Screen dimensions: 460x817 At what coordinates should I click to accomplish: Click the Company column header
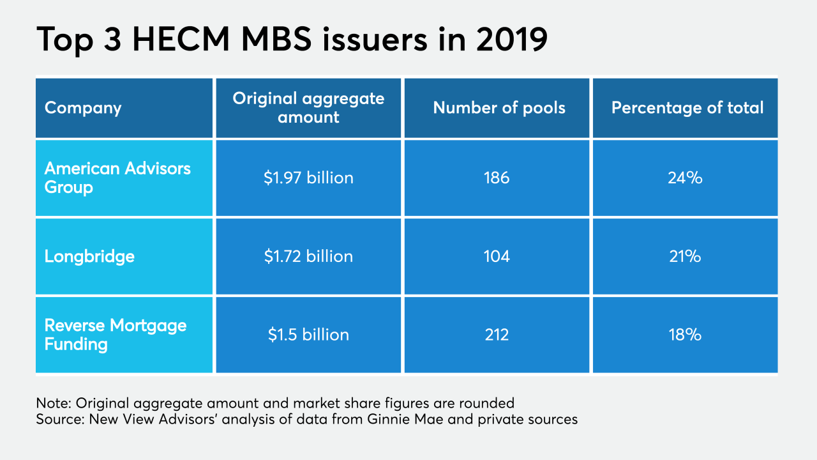[83, 107]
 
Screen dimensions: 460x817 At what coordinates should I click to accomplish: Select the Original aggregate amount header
[308, 107]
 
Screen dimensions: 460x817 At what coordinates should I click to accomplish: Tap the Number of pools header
[499, 107]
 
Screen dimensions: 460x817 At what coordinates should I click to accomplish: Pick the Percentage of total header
[687, 107]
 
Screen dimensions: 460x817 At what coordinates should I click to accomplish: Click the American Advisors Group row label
[117, 178]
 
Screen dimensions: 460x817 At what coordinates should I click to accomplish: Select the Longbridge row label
[89, 256]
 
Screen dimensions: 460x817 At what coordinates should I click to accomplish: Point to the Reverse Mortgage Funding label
[116, 334]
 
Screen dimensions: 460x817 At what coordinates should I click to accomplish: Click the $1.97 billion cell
[308, 178]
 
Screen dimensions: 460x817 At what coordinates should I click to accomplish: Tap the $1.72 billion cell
[308, 256]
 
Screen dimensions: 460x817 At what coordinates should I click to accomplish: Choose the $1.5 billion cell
[308, 334]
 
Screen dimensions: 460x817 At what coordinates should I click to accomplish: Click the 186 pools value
[497, 178]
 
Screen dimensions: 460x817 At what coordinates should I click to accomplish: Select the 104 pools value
[497, 256]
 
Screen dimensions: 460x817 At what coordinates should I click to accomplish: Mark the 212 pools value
[497, 334]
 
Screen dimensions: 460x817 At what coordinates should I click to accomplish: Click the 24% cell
[685, 178]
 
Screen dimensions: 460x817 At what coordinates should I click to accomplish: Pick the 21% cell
[685, 256]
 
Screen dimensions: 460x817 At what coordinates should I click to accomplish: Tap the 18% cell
[685, 334]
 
